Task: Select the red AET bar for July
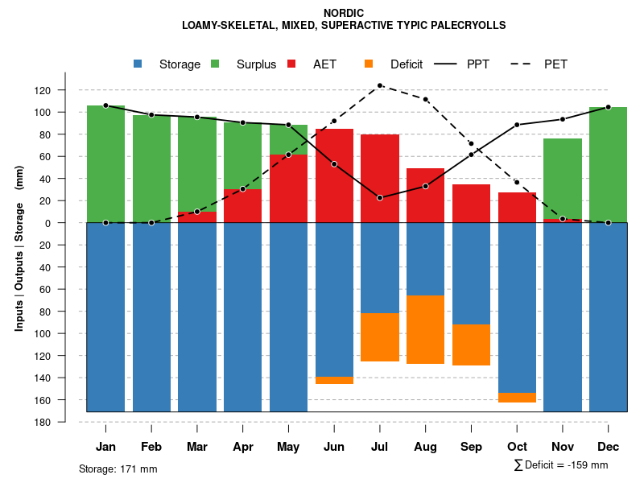coord(380,178)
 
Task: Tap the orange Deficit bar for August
coord(426,329)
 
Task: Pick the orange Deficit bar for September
coord(472,345)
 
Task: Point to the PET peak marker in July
coord(380,85)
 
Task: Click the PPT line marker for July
coord(380,197)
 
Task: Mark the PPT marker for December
coord(609,107)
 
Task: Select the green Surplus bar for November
coord(563,178)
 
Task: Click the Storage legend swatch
coord(138,64)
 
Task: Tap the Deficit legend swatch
coord(369,64)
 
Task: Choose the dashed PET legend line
coord(524,64)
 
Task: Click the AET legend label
coord(325,64)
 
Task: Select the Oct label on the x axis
coord(517,447)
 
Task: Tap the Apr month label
coord(243,447)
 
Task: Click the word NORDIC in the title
coord(344,13)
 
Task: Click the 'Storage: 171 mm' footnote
coord(118,469)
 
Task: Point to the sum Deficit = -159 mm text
coord(560,465)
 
